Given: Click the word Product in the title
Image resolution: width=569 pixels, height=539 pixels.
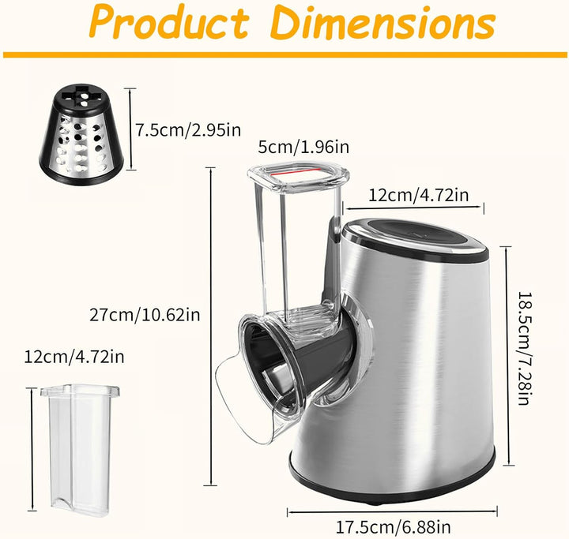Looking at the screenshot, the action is click(169, 22).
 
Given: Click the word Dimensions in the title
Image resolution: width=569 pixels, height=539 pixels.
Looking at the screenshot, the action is click(383, 21).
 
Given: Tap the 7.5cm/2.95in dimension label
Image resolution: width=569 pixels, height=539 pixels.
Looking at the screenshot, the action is click(188, 129).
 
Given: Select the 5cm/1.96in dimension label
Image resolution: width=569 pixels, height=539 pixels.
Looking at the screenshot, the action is click(303, 147).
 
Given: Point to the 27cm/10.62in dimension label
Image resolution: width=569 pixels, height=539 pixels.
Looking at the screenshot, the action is click(145, 315).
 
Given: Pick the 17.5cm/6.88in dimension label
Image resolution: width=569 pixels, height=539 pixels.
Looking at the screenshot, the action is click(393, 526).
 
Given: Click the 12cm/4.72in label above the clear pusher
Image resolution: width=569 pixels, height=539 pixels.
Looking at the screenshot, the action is click(74, 357).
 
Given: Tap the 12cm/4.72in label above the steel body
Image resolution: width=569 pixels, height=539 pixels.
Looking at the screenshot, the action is click(418, 196).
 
